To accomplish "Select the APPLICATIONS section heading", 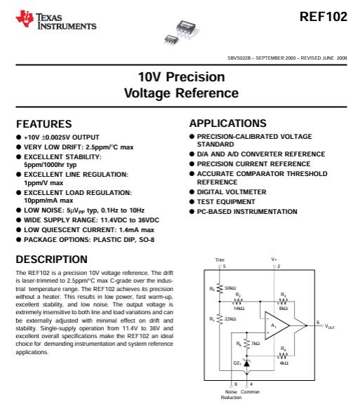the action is click(x=228, y=123).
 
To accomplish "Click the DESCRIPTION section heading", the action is click(x=51, y=259).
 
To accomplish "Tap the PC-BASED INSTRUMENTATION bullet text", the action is click(x=243, y=210).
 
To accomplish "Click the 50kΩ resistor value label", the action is click(x=230, y=288).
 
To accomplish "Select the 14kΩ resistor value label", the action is click(x=239, y=308).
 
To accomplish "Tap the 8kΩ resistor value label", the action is click(x=283, y=308).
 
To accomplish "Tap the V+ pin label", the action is click(x=274, y=260).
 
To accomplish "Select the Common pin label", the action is click(x=250, y=391).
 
